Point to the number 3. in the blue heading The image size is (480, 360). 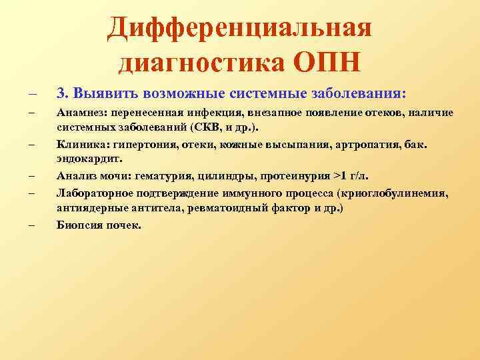[62, 91]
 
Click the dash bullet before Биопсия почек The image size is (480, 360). [31, 225]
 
